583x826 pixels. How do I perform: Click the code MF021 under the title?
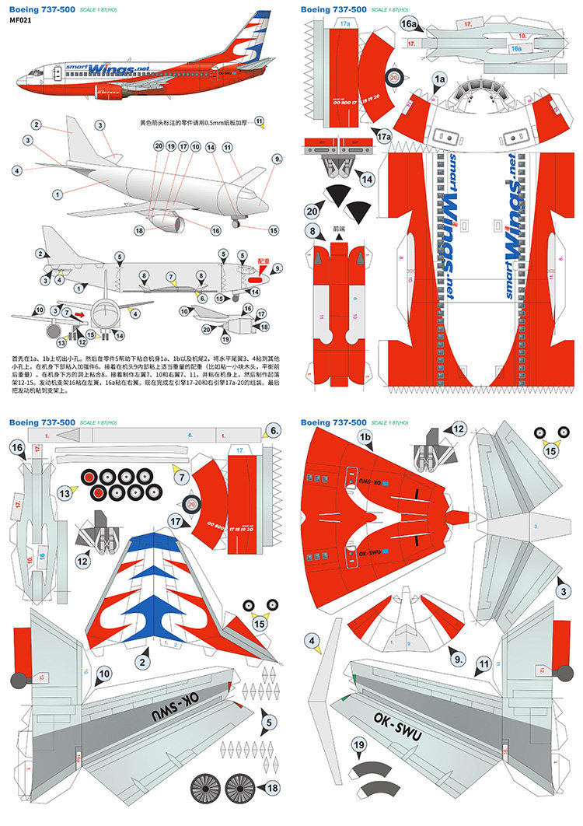click(21, 21)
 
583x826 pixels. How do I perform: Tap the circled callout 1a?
click(439, 79)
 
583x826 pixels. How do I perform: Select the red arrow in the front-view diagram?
click(80, 313)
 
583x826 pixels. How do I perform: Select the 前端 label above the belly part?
click(337, 230)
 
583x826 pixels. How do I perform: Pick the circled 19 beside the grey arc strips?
click(358, 746)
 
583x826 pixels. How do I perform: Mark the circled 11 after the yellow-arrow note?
click(260, 123)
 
